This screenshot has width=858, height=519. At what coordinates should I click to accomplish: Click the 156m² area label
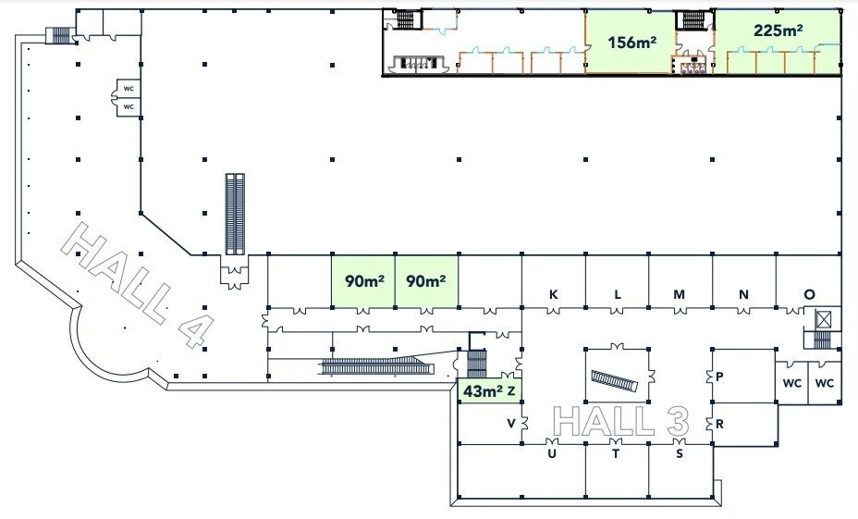click(x=632, y=43)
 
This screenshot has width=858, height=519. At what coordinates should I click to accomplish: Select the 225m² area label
click(x=778, y=31)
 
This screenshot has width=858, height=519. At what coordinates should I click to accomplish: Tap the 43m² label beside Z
click(x=483, y=391)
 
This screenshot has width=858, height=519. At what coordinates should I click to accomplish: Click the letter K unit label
click(x=553, y=294)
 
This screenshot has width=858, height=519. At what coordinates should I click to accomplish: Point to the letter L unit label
click(x=618, y=294)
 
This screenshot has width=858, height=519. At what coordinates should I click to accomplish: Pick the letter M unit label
click(x=679, y=294)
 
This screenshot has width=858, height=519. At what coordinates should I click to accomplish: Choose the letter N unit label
click(x=743, y=294)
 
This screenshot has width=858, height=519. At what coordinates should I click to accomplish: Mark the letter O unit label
click(x=809, y=294)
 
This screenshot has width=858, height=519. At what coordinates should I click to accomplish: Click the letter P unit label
click(x=719, y=377)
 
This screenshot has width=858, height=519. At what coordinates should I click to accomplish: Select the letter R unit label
click(x=719, y=424)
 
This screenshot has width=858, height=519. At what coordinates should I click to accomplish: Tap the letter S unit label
click(x=680, y=454)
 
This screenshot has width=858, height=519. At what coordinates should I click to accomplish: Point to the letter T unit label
click(x=616, y=454)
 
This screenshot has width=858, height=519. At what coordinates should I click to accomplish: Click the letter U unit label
click(x=552, y=454)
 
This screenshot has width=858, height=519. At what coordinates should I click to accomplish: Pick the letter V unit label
click(x=511, y=423)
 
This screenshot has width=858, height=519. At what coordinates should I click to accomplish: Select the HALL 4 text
click(x=137, y=285)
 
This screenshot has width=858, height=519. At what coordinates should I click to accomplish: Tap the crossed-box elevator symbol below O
click(x=823, y=318)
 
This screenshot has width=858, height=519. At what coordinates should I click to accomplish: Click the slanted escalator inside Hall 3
click(x=615, y=379)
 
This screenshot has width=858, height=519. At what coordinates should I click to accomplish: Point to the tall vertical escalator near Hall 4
click(x=235, y=214)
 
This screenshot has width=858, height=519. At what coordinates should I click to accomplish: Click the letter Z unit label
click(x=511, y=391)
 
